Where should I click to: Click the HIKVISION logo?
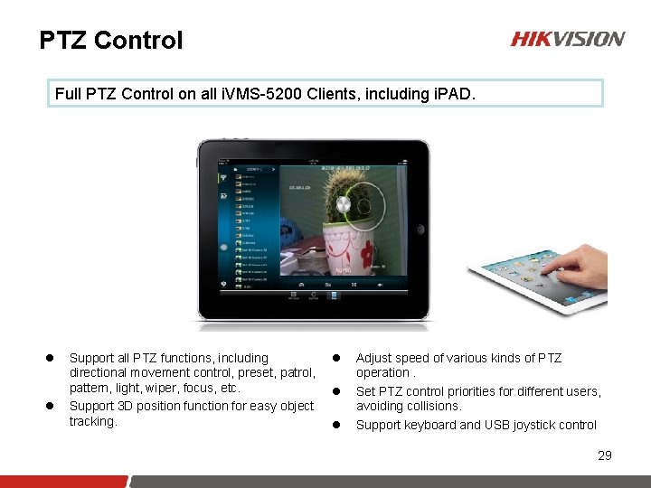(567, 39)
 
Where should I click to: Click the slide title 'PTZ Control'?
(111, 41)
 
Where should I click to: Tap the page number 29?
(605, 455)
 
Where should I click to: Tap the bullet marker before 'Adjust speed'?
(342, 359)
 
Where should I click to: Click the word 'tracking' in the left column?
(92, 421)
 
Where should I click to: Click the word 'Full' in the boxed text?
(68, 93)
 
